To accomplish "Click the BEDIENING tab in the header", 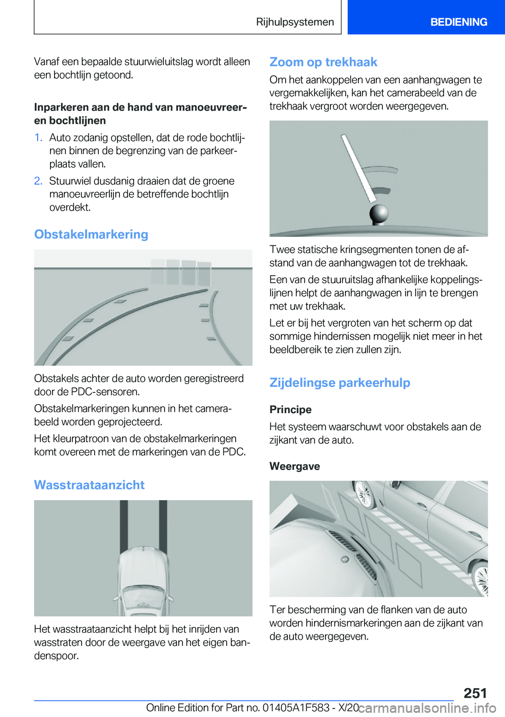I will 458,22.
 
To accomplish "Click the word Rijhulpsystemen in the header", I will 295,22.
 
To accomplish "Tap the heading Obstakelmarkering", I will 91,234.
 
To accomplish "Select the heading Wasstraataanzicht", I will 89,485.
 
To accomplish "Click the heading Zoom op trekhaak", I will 323,62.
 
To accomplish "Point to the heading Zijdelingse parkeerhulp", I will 339,383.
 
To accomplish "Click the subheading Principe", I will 290,410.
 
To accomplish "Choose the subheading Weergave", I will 295,466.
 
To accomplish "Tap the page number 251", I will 475,693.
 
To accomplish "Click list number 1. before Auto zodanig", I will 38,138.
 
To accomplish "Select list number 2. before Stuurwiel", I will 38,181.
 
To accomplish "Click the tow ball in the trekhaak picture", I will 379,213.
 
